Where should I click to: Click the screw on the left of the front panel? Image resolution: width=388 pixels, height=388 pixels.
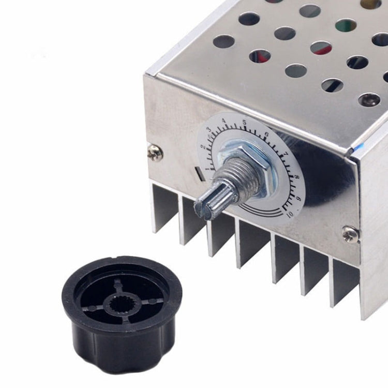155,152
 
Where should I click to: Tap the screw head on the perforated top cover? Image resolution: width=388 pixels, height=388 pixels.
369,99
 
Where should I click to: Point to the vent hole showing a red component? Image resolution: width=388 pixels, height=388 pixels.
321,48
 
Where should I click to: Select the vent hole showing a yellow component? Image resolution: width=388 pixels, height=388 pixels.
370,4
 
